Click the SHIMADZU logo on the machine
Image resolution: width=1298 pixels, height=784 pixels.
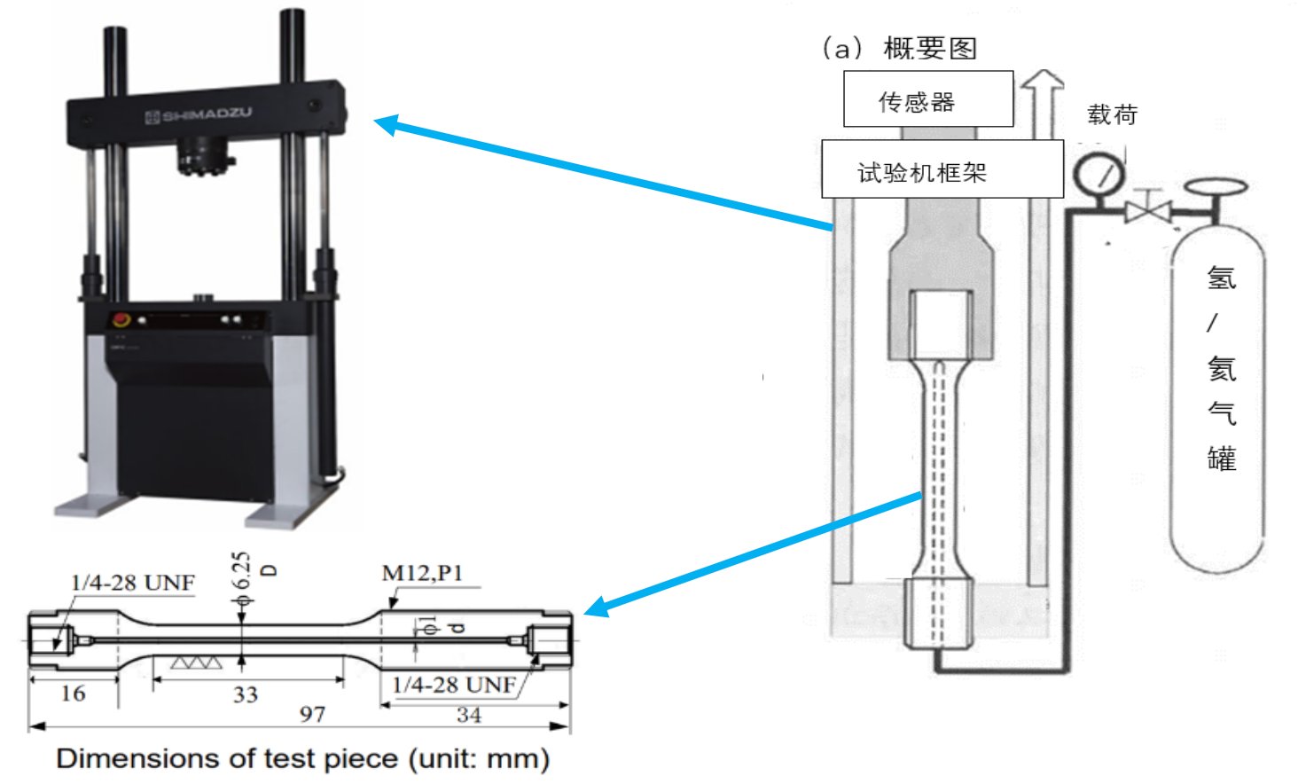(199, 114)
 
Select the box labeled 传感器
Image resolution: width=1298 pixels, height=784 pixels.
(927, 99)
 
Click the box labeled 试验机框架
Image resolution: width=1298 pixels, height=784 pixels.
(942, 169)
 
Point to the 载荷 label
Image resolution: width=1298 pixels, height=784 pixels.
(1112, 114)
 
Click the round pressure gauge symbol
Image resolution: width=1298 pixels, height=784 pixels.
(1099, 175)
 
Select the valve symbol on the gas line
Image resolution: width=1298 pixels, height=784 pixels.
(1148, 210)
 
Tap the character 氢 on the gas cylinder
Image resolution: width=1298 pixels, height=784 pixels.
(1222, 278)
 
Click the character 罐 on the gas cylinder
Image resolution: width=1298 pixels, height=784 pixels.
(1222, 459)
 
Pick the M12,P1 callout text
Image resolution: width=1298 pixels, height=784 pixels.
(422, 573)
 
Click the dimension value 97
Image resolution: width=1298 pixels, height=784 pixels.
(312, 714)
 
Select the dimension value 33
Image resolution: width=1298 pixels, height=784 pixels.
(246, 694)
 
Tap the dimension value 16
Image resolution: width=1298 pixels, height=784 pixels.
(73, 693)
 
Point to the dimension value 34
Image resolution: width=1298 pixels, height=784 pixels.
(469, 715)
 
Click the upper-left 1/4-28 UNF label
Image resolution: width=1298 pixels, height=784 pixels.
(133, 583)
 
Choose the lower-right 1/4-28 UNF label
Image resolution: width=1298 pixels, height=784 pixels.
(454, 685)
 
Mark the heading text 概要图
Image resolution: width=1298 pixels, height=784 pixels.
(930, 48)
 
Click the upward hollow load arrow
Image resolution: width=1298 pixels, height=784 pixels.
(1043, 102)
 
